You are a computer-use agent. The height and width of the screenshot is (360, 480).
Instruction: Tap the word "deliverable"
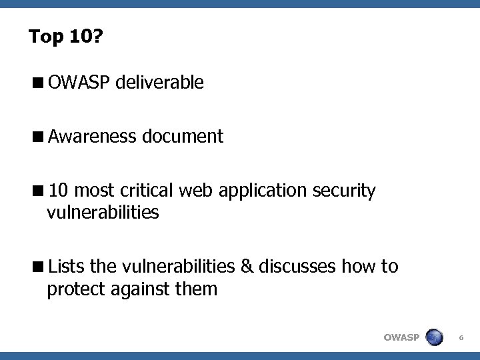pos(159,83)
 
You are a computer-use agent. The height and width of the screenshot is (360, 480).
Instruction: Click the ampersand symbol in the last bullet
pos(247,267)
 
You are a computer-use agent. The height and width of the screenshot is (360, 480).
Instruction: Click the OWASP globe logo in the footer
pos(434,337)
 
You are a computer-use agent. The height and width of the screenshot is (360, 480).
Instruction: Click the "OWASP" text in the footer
pos(401,337)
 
